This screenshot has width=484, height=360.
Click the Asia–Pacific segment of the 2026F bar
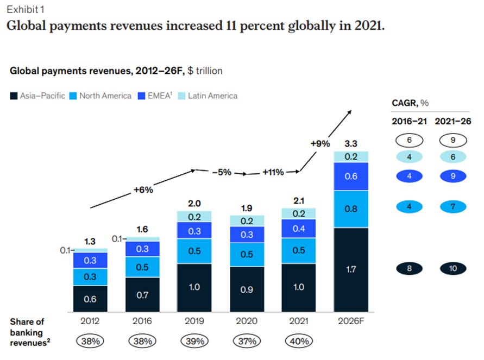pyautogui.click(x=351, y=270)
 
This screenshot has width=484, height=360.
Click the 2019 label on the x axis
pyautogui.click(x=195, y=321)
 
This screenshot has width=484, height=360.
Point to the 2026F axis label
pyautogui.click(x=351, y=321)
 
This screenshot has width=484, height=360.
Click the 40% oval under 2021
pyautogui.click(x=299, y=342)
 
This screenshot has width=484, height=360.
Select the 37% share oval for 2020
pyautogui.click(x=247, y=342)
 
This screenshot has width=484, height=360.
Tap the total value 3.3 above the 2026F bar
pyautogui.click(x=351, y=144)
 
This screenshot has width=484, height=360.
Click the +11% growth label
pyautogui.click(x=273, y=172)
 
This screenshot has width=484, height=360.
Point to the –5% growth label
pyautogui.click(x=222, y=172)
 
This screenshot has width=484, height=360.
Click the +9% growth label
pyautogui.click(x=319, y=144)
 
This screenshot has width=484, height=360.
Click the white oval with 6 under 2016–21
pyautogui.click(x=410, y=140)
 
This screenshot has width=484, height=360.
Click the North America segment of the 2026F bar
pyautogui.click(x=351, y=209)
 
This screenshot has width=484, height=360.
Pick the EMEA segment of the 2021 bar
pyautogui.click(x=299, y=228)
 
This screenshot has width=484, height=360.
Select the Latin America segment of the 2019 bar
pyautogui.click(x=195, y=217)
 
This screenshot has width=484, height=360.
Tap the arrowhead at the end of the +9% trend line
pyautogui.click(x=350, y=111)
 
